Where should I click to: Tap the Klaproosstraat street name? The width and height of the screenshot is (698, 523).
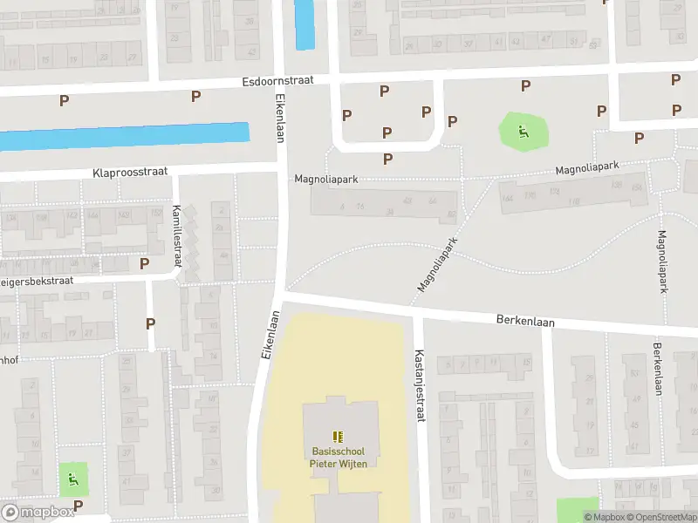pos(129,173)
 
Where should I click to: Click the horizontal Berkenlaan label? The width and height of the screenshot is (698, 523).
pos(526,321)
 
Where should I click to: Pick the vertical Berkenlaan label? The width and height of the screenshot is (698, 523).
pos(656,369)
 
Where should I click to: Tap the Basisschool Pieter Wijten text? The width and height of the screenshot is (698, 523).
pos(338,457)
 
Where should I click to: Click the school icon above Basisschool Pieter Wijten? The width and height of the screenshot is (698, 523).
pos(338,436)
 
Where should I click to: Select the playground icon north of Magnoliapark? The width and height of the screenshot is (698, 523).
pos(523,132)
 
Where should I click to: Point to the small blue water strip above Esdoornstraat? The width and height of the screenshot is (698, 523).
pos(305,24)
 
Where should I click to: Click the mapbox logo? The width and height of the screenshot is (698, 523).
pos(38,513)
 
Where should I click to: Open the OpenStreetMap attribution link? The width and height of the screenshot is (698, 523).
pos(660,517)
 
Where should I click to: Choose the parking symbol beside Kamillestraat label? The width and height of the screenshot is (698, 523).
pos(145,262)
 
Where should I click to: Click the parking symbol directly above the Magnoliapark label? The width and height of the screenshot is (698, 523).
pos(387,159)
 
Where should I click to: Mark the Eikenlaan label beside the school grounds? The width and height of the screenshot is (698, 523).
pos(269,336)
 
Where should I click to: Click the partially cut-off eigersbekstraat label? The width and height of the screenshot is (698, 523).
pos(36,282)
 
